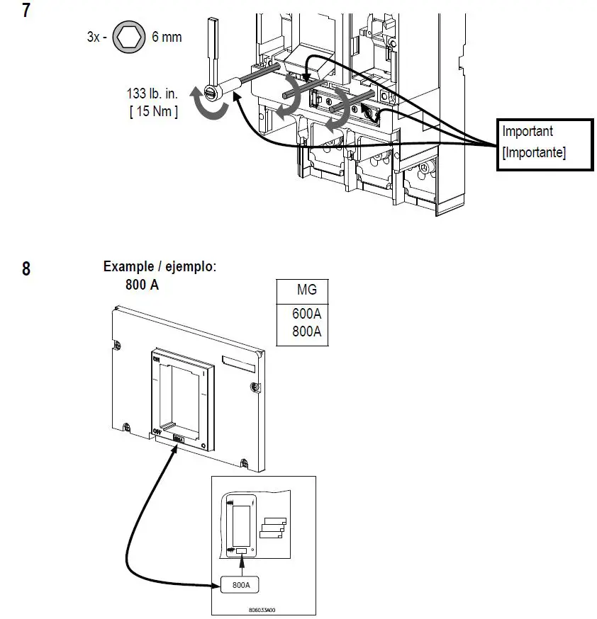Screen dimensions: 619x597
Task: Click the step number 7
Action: point(26,11)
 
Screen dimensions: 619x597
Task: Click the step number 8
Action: point(26,269)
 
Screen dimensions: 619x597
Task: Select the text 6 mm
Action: point(167,37)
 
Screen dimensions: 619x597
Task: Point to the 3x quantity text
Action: point(94,37)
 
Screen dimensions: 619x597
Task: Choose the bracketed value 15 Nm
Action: point(154,111)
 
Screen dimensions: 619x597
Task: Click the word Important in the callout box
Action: point(528,131)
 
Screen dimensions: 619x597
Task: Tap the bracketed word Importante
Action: point(533,153)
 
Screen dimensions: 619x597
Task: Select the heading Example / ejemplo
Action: point(160,267)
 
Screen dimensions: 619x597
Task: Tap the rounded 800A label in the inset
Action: point(240,585)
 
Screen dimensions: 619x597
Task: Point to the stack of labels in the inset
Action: point(274,527)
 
